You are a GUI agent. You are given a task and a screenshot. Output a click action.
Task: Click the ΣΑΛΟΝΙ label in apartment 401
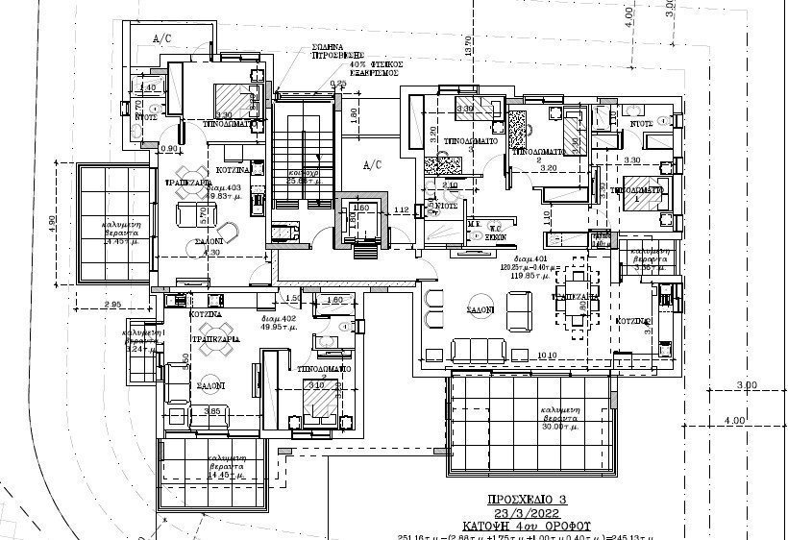click(x=481, y=310)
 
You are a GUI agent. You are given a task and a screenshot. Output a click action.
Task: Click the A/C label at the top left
click(x=162, y=37)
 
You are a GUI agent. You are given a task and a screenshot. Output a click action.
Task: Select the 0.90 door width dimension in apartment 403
click(x=169, y=148)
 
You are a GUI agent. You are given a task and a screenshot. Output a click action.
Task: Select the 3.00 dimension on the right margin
click(x=746, y=385)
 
